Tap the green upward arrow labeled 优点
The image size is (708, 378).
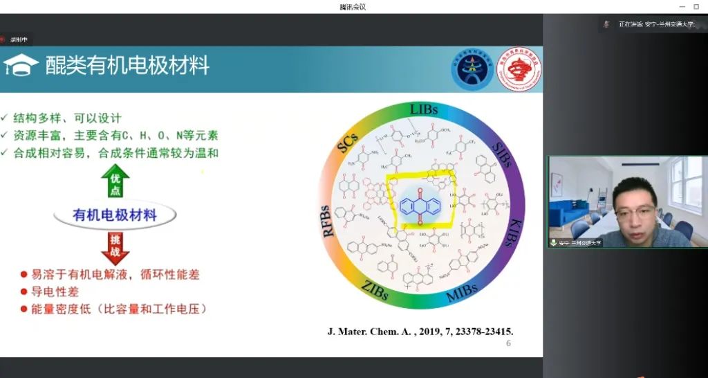[x=115, y=182]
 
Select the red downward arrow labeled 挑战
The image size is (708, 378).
[x=115, y=247]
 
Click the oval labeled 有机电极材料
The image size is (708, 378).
[x=115, y=215]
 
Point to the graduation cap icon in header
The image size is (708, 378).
[x=20, y=66]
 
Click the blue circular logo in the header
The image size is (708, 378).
[x=472, y=69]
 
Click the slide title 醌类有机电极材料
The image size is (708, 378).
[x=127, y=66]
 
